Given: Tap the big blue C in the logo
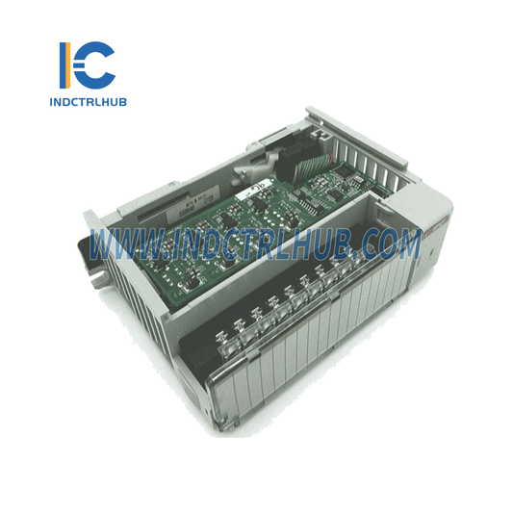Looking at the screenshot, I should point(96,64).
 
